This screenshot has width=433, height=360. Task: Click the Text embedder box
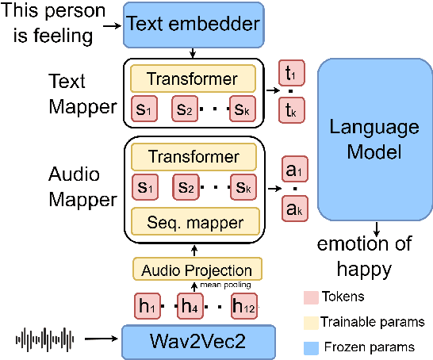193,25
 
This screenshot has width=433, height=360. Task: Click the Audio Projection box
197,270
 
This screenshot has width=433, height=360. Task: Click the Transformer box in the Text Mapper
193,79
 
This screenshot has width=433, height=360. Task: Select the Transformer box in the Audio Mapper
193,156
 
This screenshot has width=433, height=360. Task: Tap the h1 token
145,306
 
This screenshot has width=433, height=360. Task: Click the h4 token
190,306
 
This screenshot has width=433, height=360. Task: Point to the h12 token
243,306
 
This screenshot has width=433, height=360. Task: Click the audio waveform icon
46,342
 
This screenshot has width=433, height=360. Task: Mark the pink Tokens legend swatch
309,297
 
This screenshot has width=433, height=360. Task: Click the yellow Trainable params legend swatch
309,322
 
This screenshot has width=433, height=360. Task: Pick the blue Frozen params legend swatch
309,347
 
